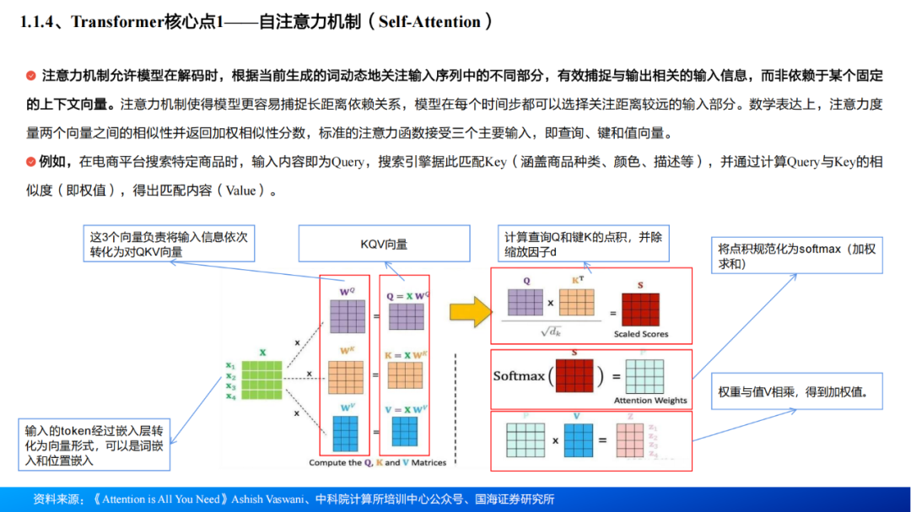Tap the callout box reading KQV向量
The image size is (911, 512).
point(384,244)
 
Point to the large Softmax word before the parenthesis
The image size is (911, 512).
point(519,375)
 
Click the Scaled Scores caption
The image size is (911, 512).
point(641,334)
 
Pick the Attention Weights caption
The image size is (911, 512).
point(650,400)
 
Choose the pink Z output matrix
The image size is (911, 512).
point(628,439)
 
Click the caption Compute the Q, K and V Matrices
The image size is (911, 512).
point(377,462)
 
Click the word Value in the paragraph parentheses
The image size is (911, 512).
point(240,191)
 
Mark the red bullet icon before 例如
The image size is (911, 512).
point(31,161)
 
